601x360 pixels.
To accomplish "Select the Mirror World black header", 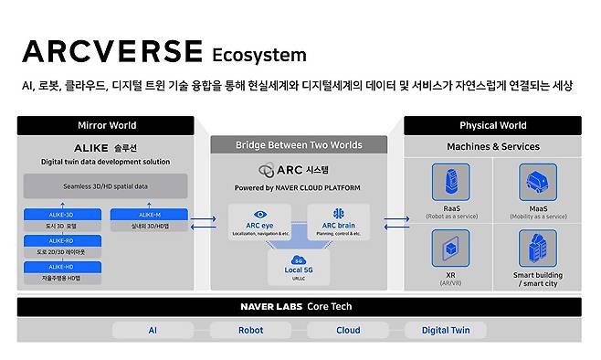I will click(106, 125).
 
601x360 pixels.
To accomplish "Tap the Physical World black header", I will click(491, 125).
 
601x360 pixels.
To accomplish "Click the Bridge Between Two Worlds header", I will click(299, 144).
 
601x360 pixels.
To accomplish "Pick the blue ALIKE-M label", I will click(148, 216).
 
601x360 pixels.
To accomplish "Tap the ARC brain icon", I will click(337, 214).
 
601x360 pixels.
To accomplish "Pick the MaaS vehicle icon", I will click(537, 184).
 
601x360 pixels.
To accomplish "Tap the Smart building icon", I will click(537, 248).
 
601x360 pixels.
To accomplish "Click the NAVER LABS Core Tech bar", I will click(299, 306).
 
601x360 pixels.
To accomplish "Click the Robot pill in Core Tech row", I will click(249, 331).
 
